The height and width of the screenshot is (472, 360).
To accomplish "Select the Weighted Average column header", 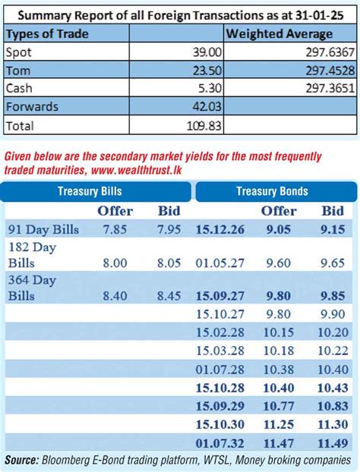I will point(279,34).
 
